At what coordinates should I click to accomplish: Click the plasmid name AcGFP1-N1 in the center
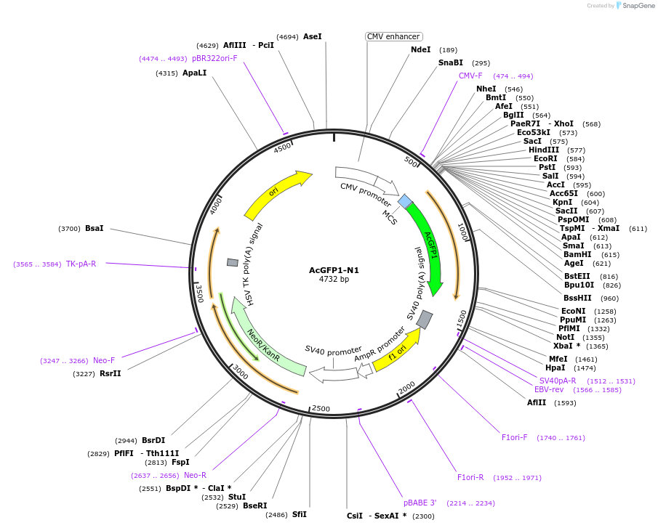(x=334, y=270)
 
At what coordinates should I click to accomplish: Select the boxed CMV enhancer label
(x=393, y=36)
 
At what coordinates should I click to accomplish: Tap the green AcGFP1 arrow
(x=429, y=247)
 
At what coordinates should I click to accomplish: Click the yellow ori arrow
(x=276, y=192)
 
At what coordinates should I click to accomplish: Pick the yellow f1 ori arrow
(x=397, y=347)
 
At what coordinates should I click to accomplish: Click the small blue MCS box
(x=405, y=201)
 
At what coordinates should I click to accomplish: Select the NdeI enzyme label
(x=421, y=50)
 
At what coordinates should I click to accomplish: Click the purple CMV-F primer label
(x=470, y=76)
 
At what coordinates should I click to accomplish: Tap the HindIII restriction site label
(x=544, y=150)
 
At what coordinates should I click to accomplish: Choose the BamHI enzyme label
(x=577, y=255)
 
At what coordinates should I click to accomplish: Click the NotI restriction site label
(x=565, y=338)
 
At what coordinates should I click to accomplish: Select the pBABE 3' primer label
(x=420, y=503)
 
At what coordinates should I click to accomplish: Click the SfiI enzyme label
(x=300, y=515)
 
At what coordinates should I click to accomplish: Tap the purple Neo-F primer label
(x=104, y=361)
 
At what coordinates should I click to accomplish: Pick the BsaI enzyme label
(x=95, y=229)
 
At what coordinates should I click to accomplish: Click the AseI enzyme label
(x=312, y=36)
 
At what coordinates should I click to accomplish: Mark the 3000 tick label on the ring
(x=240, y=373)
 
